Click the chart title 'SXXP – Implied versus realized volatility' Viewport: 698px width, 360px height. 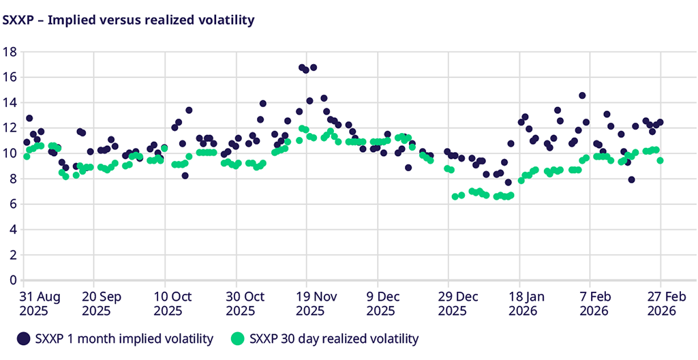point(129,20)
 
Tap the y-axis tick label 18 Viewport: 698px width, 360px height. point(10,51)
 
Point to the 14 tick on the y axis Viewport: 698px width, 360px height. point(10,102)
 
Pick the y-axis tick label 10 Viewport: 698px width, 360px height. point(10,153)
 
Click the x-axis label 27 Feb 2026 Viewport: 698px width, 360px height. point(661,303)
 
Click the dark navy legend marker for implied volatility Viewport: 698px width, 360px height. point(24,338)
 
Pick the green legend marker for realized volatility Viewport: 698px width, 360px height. point(237,338)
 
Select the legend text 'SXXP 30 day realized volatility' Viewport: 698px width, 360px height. point(334,338)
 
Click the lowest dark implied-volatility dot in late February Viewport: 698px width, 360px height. point(632,180)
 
